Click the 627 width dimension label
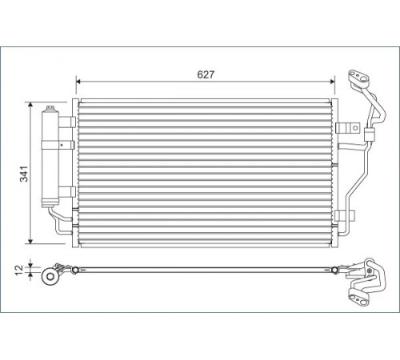206,74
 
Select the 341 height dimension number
24,174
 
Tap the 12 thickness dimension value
19,270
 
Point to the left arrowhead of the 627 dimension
78,82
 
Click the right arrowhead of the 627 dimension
332,82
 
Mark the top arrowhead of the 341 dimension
30,104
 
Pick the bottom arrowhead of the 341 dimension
30,241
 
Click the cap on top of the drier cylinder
50,108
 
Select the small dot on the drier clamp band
62,145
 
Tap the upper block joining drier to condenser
67,122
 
